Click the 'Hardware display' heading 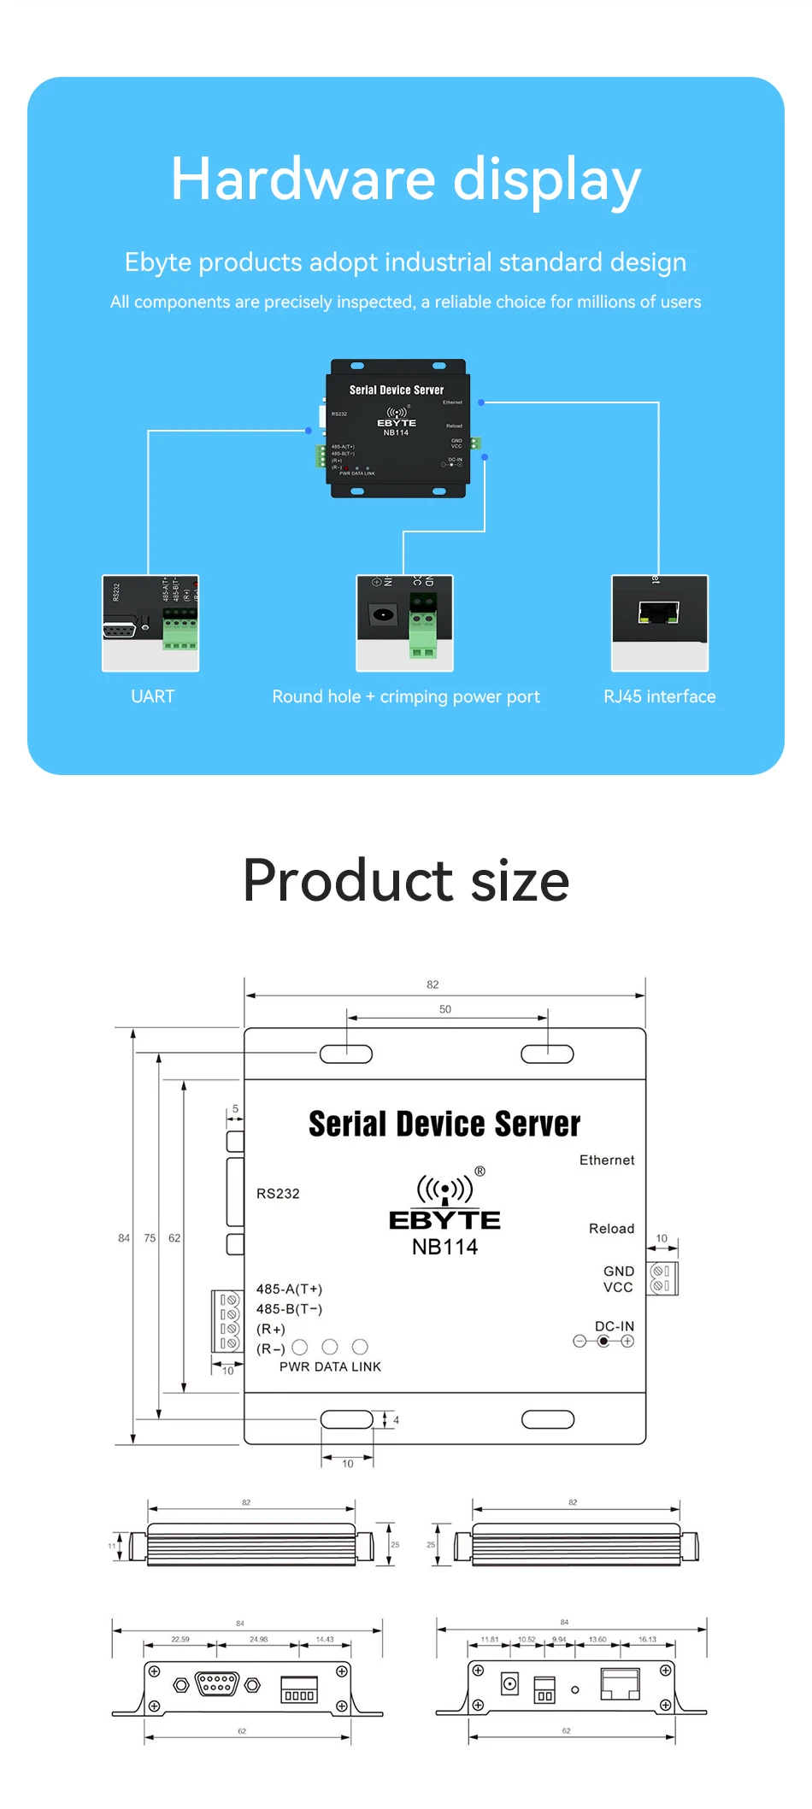point(405,179)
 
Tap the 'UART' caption point(152,696)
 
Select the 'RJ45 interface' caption point(659,696)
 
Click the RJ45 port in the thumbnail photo point(658,613)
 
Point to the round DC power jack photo point(383,614)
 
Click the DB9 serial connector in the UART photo point(120,630)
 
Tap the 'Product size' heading point(406,880)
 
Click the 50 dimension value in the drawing point(445,1009)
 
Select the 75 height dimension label point(150,1238)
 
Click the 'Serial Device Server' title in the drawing point(444,1125)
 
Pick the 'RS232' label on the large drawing point(278,1194)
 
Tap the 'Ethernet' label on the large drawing point(607,1160)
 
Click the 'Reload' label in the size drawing point(611,1229)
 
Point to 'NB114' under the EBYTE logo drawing point(444,1247)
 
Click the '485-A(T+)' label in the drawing point(289,1289)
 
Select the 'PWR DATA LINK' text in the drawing point(330,1367)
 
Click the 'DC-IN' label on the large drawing point(615,1326)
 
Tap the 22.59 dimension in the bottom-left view point(180,1640)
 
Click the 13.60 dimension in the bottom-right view point(597,1640)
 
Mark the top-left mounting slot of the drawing point(346,1054)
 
